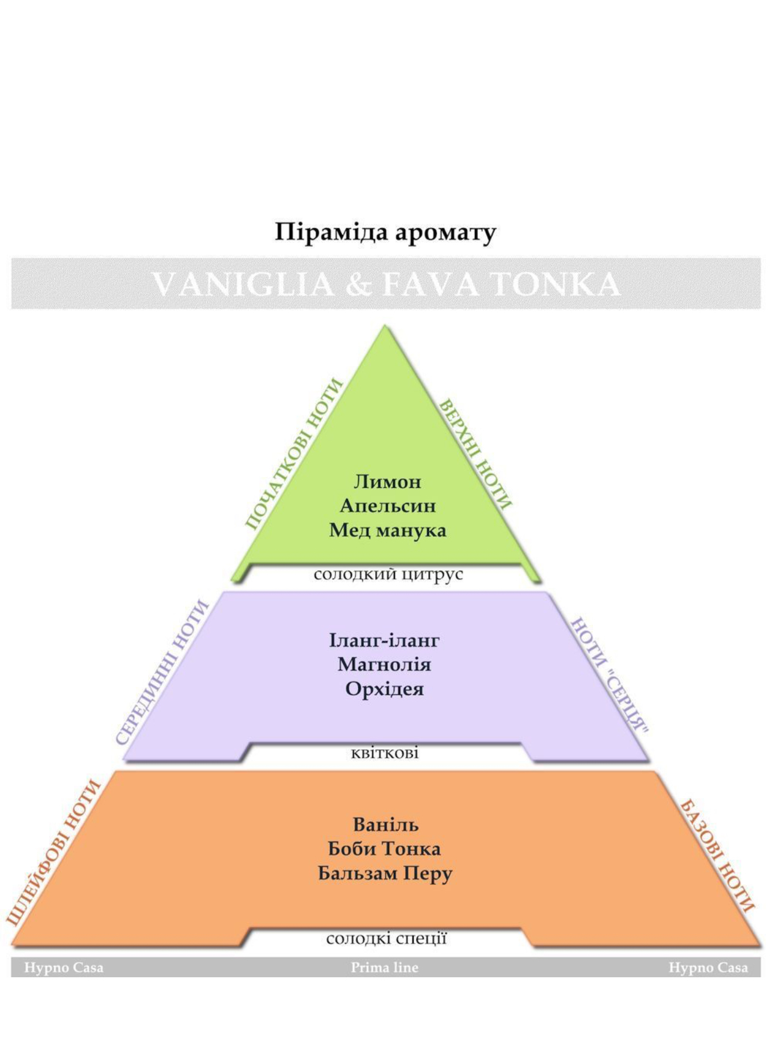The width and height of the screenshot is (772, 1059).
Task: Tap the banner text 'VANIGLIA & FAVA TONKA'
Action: point(385,284)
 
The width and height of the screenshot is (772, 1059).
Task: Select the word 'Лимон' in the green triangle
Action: point(387,481)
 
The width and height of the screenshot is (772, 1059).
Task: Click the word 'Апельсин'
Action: point(387,505)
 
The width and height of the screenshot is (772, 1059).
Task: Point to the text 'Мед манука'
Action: point(387,530)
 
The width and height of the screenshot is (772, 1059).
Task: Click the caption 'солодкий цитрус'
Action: point(388,575)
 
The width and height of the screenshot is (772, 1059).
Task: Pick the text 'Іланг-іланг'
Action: point(384,640)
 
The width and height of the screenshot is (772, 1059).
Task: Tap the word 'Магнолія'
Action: point(384,664)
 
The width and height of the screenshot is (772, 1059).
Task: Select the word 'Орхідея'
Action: point(384,689)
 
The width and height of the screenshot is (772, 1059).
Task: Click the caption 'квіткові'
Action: point(385,752)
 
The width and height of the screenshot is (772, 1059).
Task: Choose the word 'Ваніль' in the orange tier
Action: point(385,825)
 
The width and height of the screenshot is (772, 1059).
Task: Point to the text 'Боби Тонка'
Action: point(384,849)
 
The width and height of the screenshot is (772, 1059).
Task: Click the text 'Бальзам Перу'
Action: point(385,873)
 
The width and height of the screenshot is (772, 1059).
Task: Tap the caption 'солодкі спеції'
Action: point(387,938)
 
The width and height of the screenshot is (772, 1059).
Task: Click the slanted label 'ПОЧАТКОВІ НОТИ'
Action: point(294,454)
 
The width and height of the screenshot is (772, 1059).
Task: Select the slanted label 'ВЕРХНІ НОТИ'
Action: point(476,454)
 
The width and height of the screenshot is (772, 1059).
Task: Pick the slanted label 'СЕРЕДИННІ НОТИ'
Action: point(162,673)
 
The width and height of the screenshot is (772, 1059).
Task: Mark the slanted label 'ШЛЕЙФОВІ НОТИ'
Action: point(53,852)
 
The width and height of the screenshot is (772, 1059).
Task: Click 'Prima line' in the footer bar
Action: point(385,968)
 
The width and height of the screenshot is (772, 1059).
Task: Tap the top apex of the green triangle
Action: point(385,326)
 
